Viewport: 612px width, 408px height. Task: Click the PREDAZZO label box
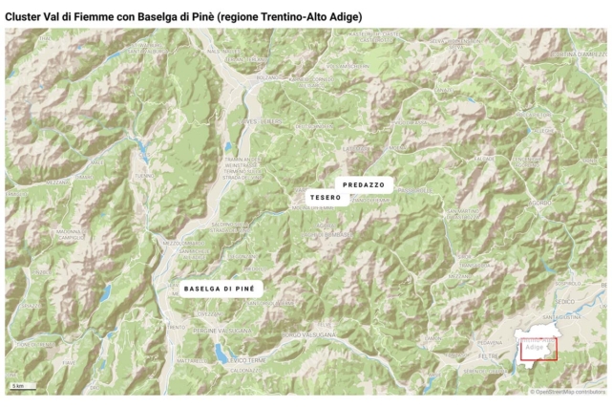363,183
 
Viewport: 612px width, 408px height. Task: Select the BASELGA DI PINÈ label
219,287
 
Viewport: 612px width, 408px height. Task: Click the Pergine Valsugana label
222,330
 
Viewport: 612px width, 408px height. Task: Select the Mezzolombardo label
179,244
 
